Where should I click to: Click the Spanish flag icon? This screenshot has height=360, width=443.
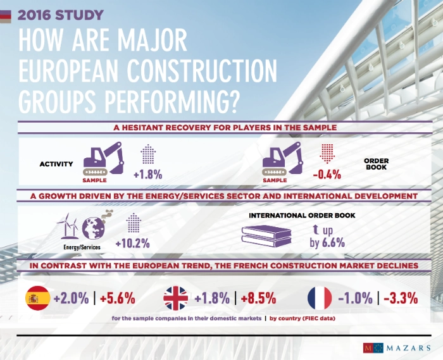(37, 297)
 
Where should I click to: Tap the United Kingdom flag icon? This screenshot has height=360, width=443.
(176, 297)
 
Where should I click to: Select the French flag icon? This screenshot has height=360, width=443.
(320, 297)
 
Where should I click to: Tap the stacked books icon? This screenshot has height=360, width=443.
(266, 237)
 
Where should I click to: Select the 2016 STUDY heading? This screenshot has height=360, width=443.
(61, 14)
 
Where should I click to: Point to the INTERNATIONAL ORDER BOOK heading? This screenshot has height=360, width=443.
(301, 215)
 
